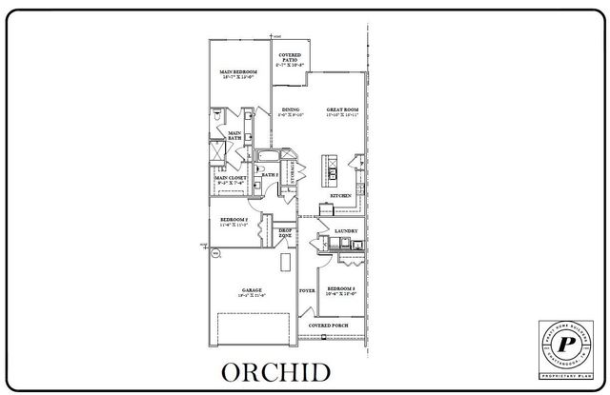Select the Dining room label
[x=291, y=110]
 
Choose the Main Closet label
[x=231, y=177]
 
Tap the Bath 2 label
[x=269, y=175]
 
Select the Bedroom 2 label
[x=234, y=220]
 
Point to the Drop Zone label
[x=284, y=232]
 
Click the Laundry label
[x=345, y=230]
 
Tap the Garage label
[x=252, y=290]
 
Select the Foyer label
[x=307, y=289]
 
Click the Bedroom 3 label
[x=341, y=288]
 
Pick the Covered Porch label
[x=327, y=325]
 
